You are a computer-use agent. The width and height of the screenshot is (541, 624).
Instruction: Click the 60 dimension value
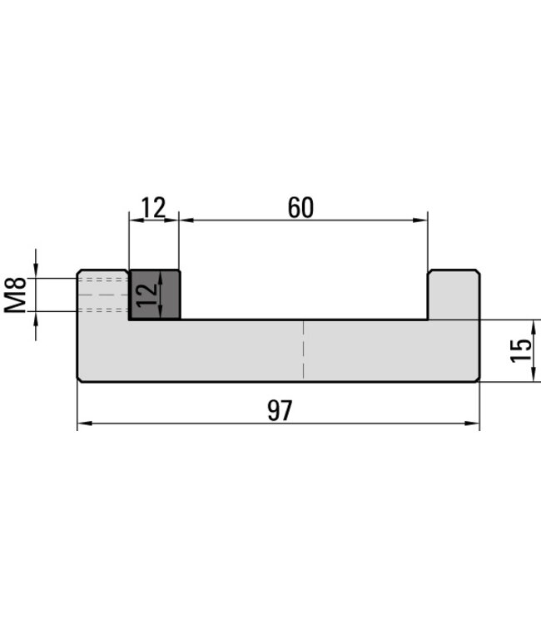click(300, 207)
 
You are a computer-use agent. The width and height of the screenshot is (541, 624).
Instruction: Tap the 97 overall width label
click(280, 411)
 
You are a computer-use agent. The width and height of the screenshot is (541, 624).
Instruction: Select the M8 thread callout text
click(16, 295)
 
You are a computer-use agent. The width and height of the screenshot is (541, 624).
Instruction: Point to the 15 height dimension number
click(522, 350)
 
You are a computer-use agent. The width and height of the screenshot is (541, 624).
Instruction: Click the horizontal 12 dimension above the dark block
click(154, 207)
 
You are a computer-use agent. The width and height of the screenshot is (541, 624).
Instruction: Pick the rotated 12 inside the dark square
click(146, 295)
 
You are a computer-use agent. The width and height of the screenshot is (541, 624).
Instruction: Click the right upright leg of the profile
click(454, 295)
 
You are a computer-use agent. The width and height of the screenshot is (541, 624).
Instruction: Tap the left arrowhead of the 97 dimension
click(84, 423)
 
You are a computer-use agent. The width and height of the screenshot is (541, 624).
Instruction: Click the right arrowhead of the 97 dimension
click(472, 423)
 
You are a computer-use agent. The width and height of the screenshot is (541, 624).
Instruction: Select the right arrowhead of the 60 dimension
click(420, 220)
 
